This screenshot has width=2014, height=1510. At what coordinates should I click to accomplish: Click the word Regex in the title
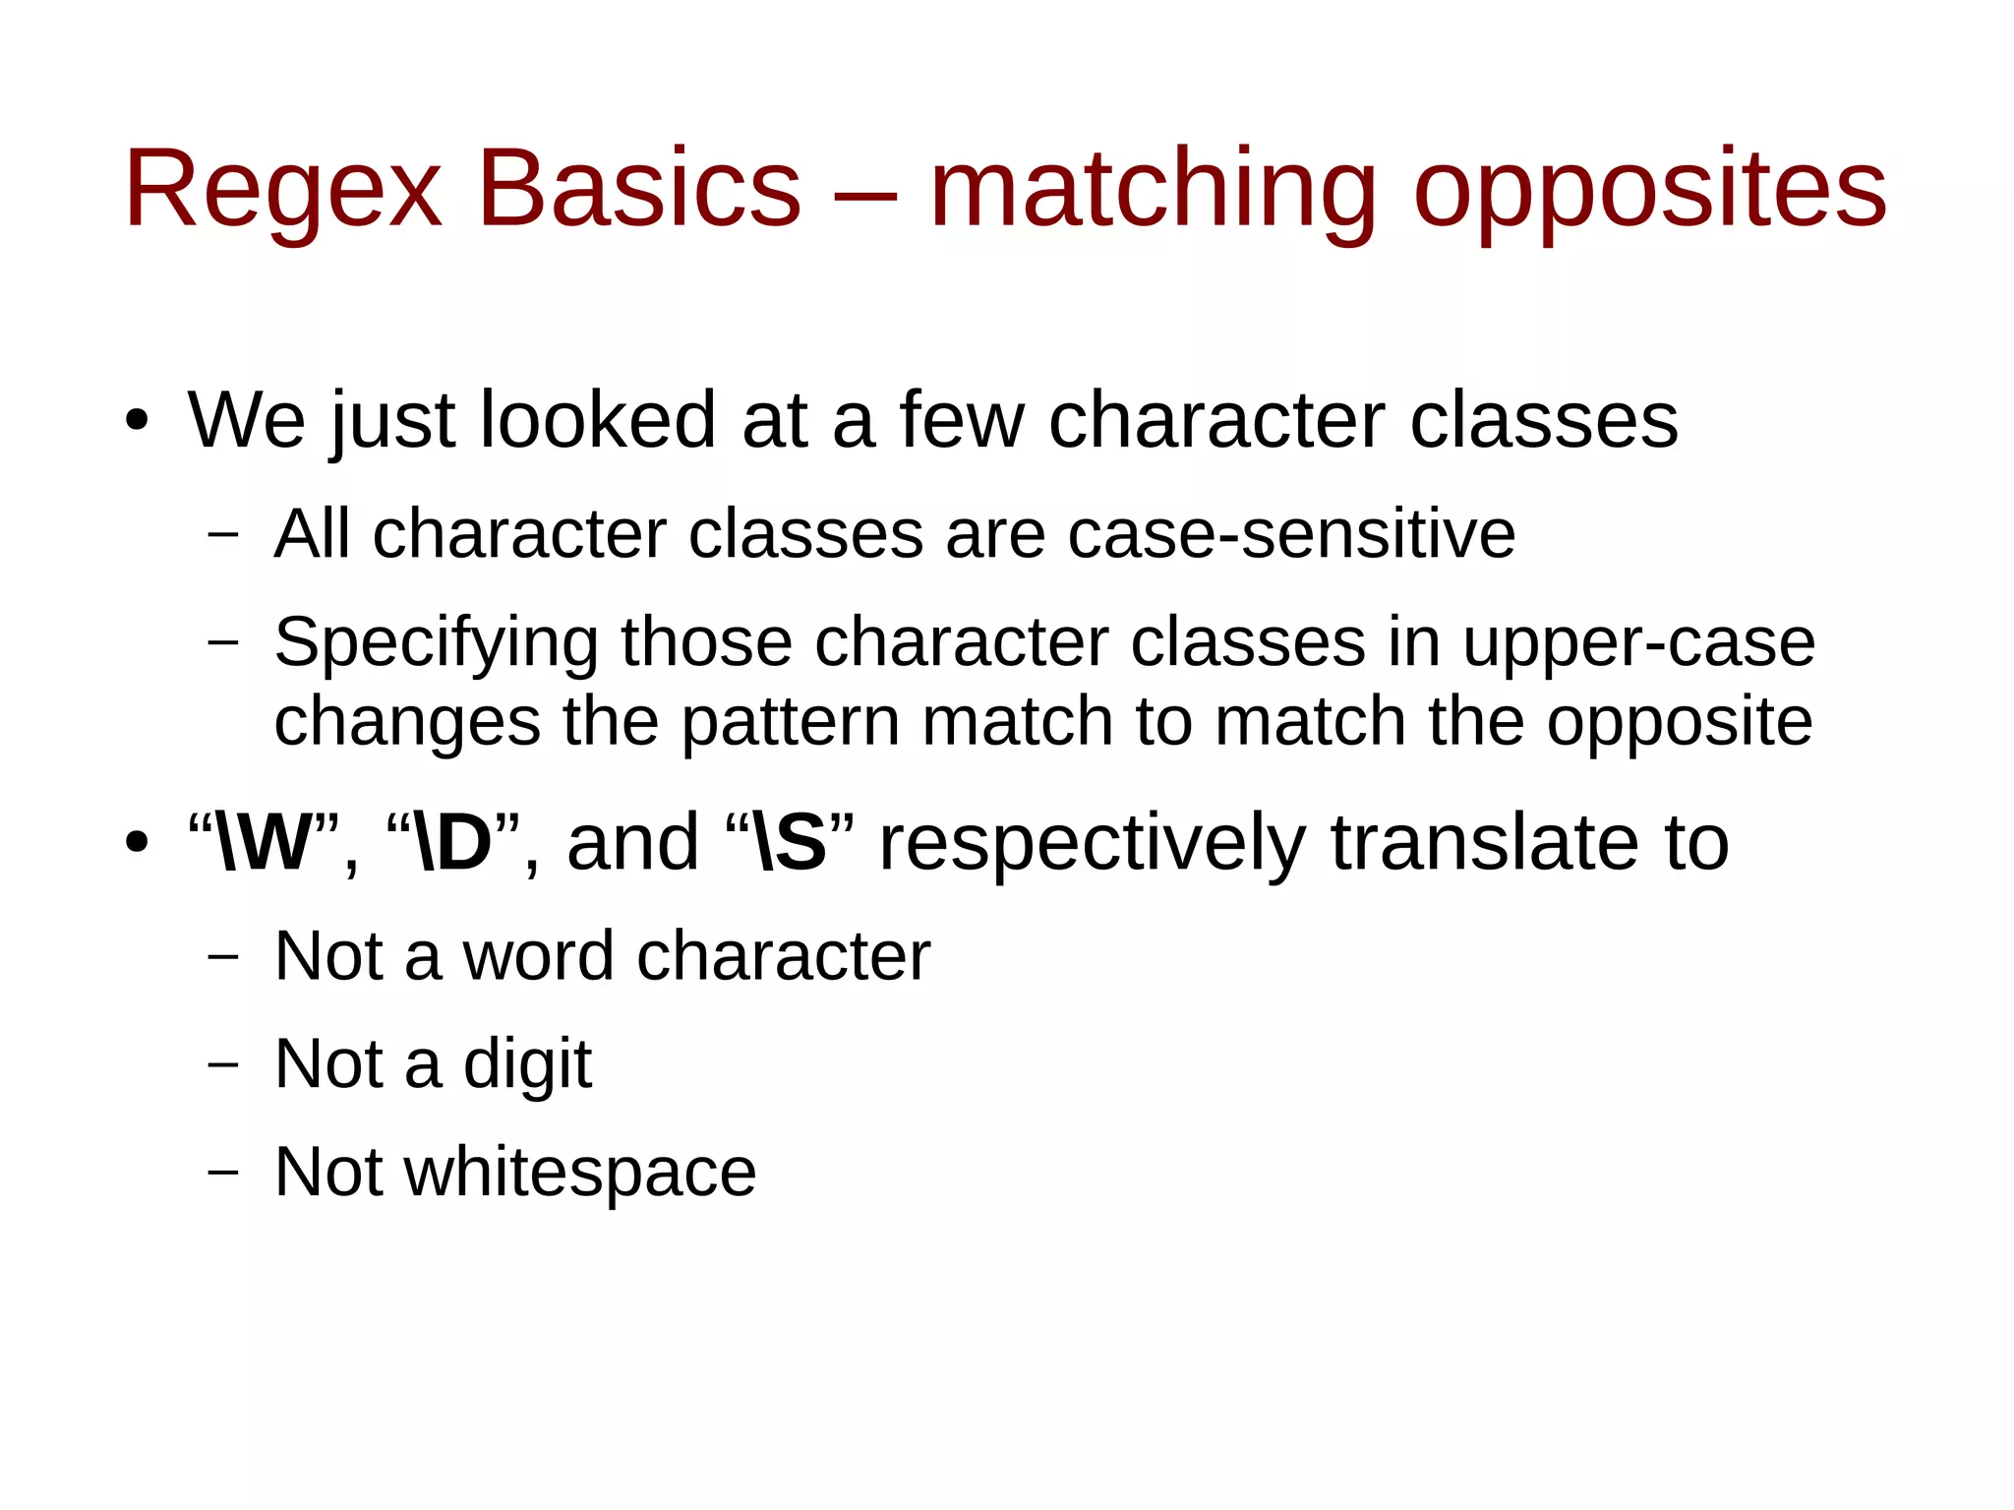(x=283, y=190)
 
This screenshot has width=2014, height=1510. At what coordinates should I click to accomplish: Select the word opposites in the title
(x=1649, y=190)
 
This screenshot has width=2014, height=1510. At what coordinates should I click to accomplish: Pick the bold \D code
(x=453, y=843)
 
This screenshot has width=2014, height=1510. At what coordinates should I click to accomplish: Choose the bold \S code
(x=788, y=843)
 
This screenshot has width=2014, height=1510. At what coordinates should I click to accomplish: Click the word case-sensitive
(x=1291, y=534)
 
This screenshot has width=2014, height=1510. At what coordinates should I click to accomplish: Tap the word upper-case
(x=1638, y=643)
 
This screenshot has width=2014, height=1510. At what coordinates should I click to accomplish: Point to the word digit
(x=527, y=1064)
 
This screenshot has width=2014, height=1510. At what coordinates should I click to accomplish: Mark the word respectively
(x=1092, y=843)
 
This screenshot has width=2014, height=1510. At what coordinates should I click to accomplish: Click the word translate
(x=1485, y=843)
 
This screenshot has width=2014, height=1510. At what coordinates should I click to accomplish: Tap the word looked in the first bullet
(x=597, y=421)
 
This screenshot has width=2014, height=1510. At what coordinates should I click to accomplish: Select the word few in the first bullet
(x=961, y=421)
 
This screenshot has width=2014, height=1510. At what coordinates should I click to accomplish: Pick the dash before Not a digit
(x=223, y=1065)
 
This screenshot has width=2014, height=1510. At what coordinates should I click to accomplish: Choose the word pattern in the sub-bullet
(x=791, y=722)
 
